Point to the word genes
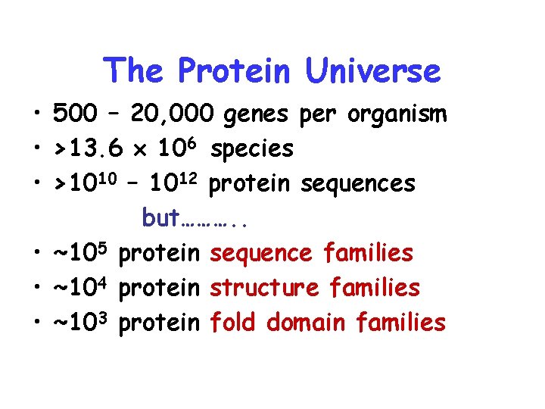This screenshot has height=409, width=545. [258, 116]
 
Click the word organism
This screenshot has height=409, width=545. [397, 116]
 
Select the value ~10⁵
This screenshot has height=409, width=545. [82, 252]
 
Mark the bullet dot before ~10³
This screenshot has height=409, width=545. [36, 323]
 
